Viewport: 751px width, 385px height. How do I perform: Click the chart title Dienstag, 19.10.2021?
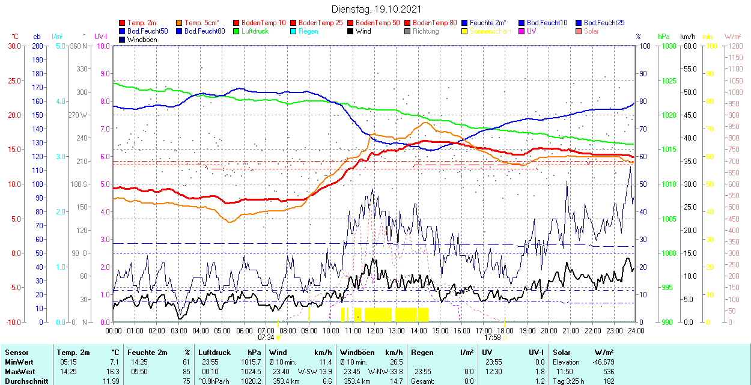point(376,10)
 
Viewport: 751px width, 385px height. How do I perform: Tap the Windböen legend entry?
point(142,40)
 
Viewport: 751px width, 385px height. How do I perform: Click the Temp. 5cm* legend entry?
point(202,23)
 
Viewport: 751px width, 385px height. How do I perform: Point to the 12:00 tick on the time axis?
point(374,331)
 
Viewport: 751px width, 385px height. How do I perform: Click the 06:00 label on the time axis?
point(244,331)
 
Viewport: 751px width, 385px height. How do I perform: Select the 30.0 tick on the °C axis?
point(13,46)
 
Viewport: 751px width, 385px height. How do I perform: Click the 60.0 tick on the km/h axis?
point(689,46)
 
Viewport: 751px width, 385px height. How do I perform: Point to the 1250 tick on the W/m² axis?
point(735,46)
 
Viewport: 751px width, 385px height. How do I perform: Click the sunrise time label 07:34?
point(266,338)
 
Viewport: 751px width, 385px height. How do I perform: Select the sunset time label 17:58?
point(493,338)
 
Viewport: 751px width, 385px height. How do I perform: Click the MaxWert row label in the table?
point(20,372)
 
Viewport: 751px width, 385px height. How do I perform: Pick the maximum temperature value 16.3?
point(113,372)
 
